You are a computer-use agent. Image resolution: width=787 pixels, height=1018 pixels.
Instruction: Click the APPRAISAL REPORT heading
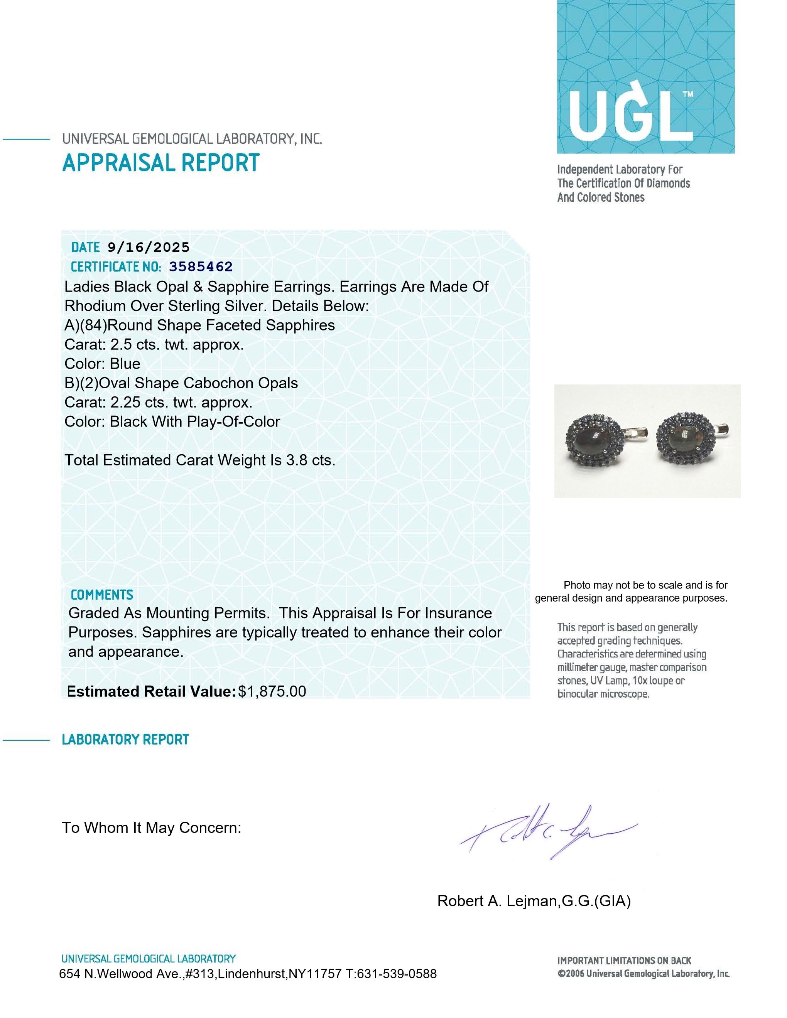(x=160, y=163)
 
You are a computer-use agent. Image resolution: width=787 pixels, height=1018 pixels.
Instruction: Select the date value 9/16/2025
(x=148, y=247)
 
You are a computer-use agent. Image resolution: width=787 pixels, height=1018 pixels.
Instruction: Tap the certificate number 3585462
(x=201, y=266)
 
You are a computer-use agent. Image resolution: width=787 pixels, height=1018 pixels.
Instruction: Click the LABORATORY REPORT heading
(x=125, y=739)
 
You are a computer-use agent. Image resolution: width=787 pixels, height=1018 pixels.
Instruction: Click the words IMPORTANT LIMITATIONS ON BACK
(x=624, y=960)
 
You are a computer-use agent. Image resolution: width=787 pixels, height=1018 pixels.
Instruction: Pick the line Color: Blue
(x=102, y=364)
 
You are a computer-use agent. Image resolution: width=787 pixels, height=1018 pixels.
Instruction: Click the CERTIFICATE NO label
(x=116, y=266)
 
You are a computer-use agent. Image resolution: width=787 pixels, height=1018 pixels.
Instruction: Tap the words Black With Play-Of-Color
(x=194, y=421)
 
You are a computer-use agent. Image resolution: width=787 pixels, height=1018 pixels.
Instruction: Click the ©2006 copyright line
(x=643, y=973)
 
